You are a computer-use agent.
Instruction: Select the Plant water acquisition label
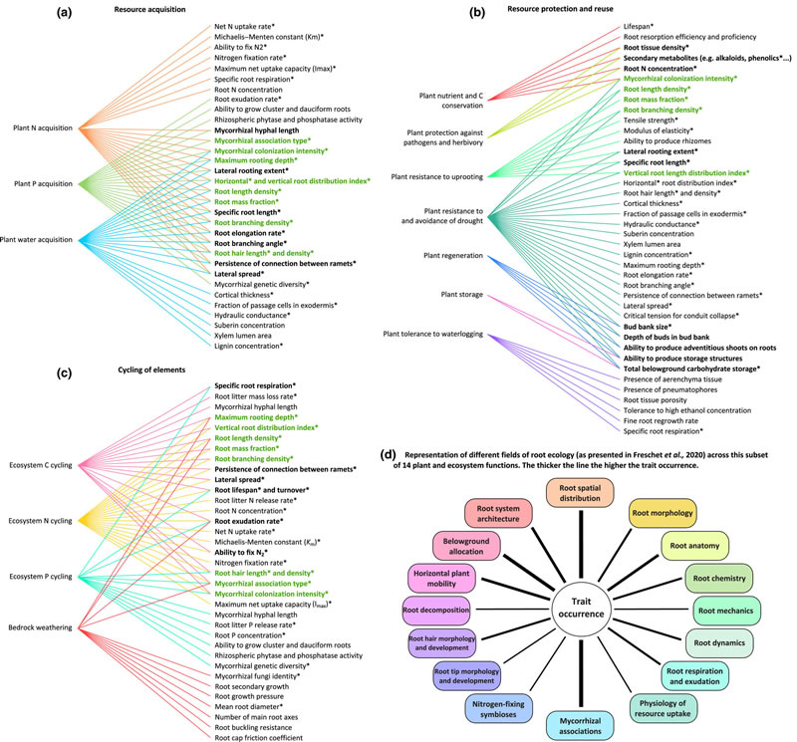(x=39, y=238)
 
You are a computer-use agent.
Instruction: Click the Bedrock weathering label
(x=39, y=627)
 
